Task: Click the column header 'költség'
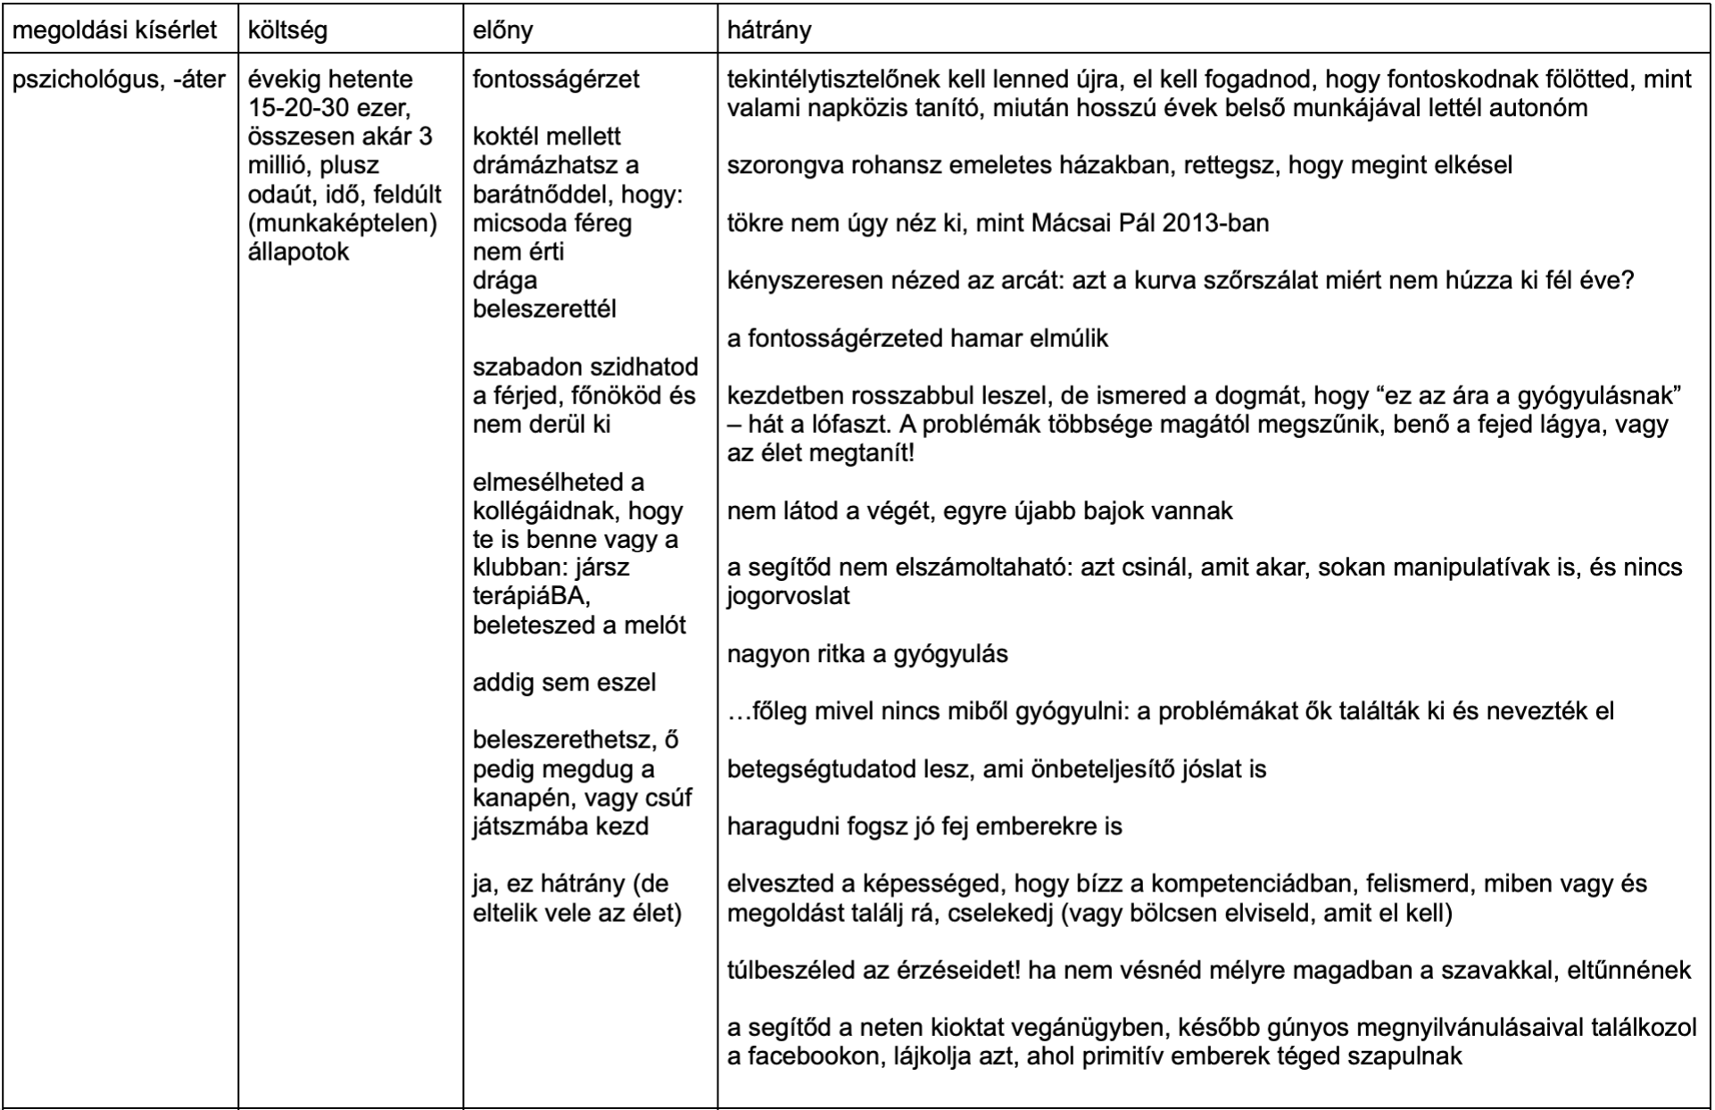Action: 287,30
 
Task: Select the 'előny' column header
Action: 502,30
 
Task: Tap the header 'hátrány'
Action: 769,30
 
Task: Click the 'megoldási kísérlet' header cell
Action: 114,30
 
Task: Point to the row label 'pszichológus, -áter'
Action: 119,79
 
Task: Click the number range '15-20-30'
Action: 301,108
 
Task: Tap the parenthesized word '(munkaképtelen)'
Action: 343,222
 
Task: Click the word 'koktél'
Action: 504,137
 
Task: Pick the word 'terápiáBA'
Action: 531,596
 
